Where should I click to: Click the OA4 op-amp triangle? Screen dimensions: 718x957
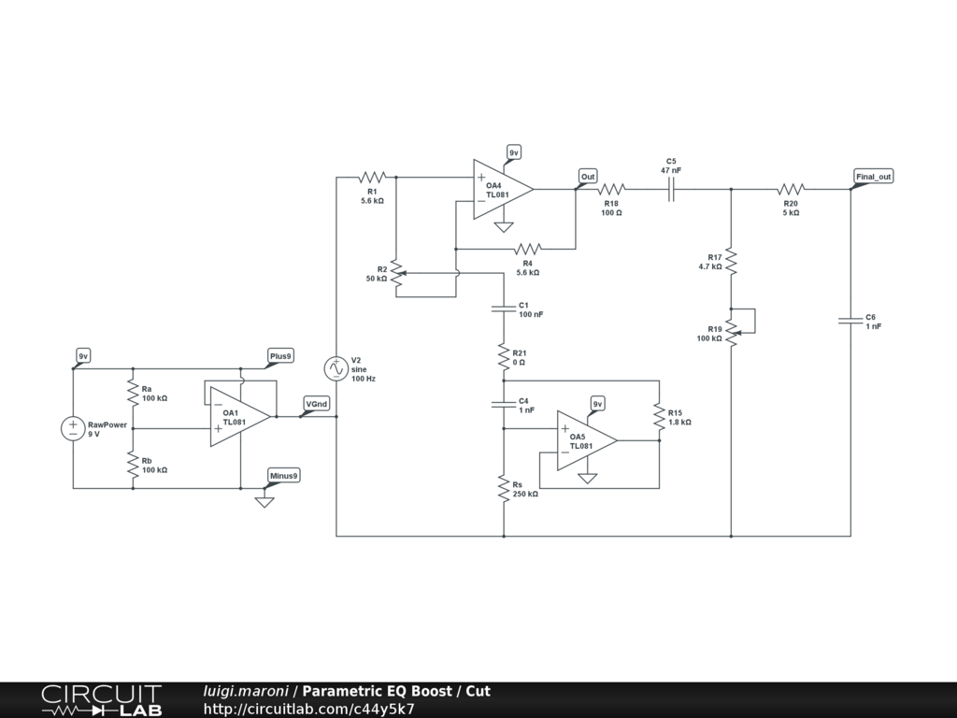500,190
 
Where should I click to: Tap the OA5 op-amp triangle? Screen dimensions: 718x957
584,440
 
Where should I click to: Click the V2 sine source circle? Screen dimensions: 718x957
336,368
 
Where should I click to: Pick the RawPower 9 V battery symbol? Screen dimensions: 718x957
73,429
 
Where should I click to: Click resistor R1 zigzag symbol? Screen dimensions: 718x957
372,176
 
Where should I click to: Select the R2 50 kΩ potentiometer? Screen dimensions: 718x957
396,273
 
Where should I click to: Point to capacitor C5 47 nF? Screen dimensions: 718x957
671,189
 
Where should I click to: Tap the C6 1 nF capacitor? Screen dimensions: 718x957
850,321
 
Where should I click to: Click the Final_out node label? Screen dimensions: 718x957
874,177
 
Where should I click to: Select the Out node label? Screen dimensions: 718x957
588,177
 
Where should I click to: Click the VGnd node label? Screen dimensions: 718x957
317,404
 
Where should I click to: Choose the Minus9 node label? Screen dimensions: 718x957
284,476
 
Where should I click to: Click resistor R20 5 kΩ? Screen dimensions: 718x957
791,189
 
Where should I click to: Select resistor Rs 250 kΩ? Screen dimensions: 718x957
504,488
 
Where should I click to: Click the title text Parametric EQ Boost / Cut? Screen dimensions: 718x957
396,692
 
